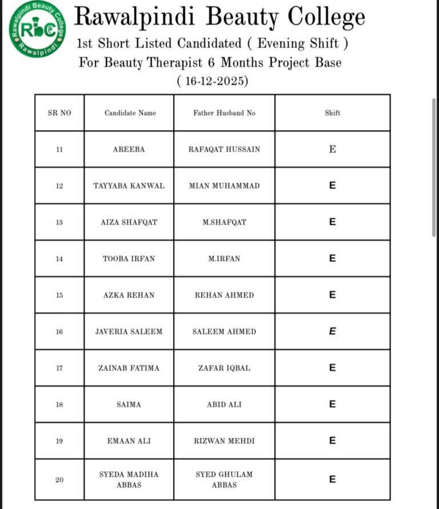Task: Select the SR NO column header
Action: [59, 113]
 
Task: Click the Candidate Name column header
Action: [130, 113]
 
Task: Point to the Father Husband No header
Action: [224, 113]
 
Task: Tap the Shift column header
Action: [332, 113]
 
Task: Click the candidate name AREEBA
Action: [129, 149]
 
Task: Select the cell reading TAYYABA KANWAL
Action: [129, 186]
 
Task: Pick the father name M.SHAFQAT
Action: [224, 222]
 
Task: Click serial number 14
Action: [59, 259]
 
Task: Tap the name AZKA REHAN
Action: [129, 295]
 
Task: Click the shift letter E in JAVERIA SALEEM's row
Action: [332, 332]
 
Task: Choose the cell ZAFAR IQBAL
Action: [224, 368]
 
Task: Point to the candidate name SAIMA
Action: [129, 405]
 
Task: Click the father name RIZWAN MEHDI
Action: [224, 441]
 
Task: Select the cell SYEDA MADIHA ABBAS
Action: [129, 479]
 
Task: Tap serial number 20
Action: [59, 480]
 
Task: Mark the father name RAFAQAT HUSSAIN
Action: [224, 149]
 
